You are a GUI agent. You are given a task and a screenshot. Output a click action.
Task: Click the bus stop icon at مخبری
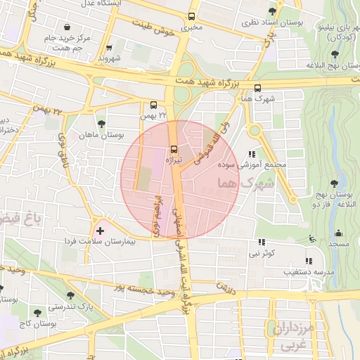tap(191, 18)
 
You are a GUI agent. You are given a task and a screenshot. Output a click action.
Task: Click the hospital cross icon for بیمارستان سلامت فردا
tap(100, 231)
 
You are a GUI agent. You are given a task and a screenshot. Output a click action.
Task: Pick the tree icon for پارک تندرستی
tap(70, 295)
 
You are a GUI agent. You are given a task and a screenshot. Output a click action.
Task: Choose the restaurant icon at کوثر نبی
tap(262, 241)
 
